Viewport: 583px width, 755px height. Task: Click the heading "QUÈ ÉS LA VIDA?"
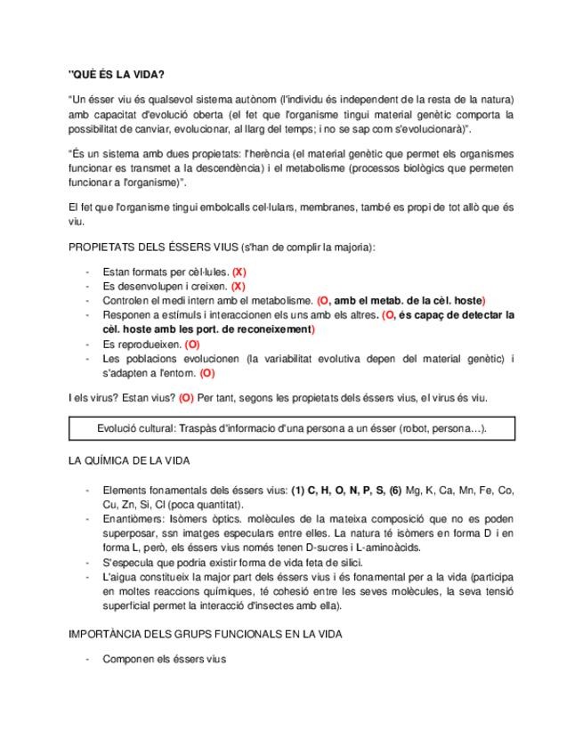[x=116, y=74]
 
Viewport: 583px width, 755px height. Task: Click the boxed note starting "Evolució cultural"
[x=291, y=428]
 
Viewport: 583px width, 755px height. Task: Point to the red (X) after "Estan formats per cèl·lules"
[x=239, y=270]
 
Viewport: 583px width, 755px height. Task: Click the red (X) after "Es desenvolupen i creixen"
[x=238, y=286]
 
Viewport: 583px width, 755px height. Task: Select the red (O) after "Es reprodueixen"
[x=193, y=344]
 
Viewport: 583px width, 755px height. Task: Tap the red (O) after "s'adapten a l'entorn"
[x=206, y=373]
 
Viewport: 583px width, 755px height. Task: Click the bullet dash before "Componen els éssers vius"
[x=86, y=660]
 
